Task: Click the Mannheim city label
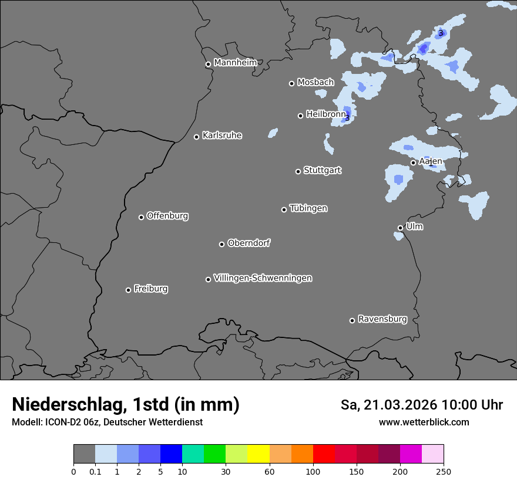click(x=235, y=63)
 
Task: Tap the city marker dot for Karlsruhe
click(x=197, y=137)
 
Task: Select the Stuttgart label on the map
click(x=322, y=171)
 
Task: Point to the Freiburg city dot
click(x=129, y=290)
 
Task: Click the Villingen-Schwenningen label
click(x=263, y=278)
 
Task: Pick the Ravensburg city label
click(x=382, y=319)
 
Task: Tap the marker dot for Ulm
click(x=401, y=228)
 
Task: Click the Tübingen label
click(x=308, y=208)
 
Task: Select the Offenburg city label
click(x=167, y=216)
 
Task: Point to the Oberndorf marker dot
click(x=222, y=244)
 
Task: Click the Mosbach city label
click(x=315, y=83)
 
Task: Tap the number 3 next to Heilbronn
click(x=347, y=118)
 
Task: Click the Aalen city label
click(x=430, y=161)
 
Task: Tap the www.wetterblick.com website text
click(x=424, y=422)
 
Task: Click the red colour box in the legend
click(x=324, y=454)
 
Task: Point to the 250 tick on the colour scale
click(x=444, y=471)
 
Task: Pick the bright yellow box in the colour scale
click(x=258, y=454)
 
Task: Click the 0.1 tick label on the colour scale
click(x=95, y=471)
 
